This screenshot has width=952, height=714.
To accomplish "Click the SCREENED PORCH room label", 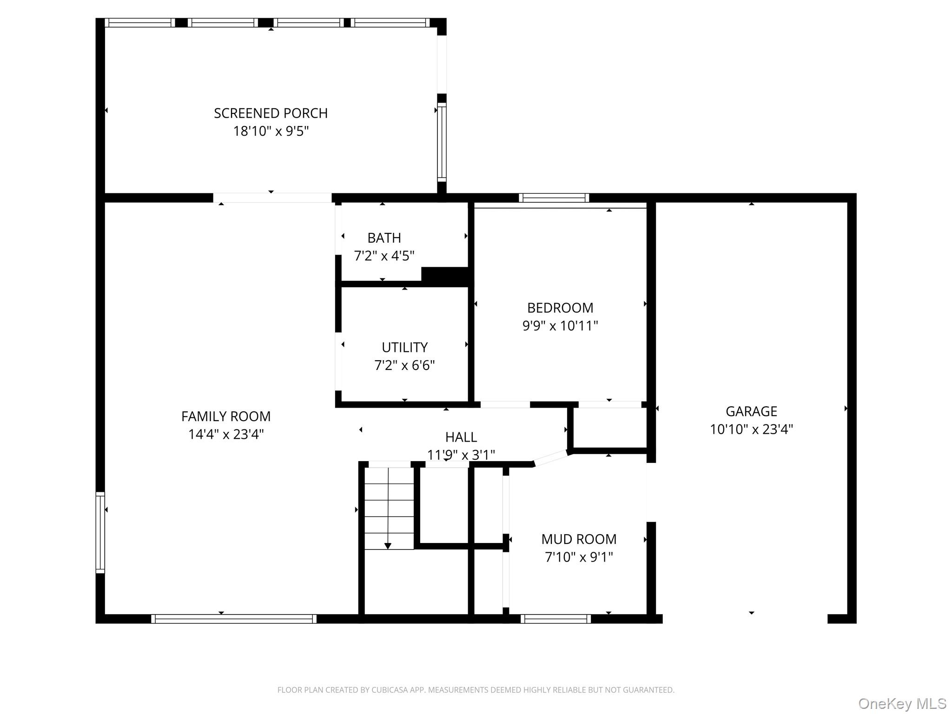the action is (271, 113).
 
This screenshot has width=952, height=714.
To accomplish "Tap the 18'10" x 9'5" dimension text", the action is (271, 131).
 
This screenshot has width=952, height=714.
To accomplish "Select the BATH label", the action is (384, 238).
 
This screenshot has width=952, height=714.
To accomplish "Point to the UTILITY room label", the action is (404, 347).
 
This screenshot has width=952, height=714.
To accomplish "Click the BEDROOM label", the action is (560, 308).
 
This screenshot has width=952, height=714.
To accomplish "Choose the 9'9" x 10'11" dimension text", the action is (560, 325).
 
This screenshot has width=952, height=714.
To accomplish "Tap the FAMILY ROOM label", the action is (226, 416).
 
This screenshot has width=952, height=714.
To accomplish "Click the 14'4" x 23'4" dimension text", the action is (226, 434).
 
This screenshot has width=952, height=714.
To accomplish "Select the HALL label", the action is (461, 437).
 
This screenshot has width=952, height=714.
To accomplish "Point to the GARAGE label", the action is (751, 411).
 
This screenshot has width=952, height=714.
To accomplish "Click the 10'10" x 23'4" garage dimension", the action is (751, 429).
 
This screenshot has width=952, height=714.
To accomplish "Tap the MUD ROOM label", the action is (579, 539).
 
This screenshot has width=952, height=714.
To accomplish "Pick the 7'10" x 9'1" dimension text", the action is (579, 557).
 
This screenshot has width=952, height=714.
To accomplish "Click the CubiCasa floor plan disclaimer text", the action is (476, 690).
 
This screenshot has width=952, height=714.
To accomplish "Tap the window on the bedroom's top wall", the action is (554, 198).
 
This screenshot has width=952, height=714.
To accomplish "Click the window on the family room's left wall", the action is (100, 532).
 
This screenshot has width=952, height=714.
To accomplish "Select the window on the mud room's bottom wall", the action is (555, 619).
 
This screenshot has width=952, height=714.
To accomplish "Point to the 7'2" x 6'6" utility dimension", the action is (404, 365).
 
